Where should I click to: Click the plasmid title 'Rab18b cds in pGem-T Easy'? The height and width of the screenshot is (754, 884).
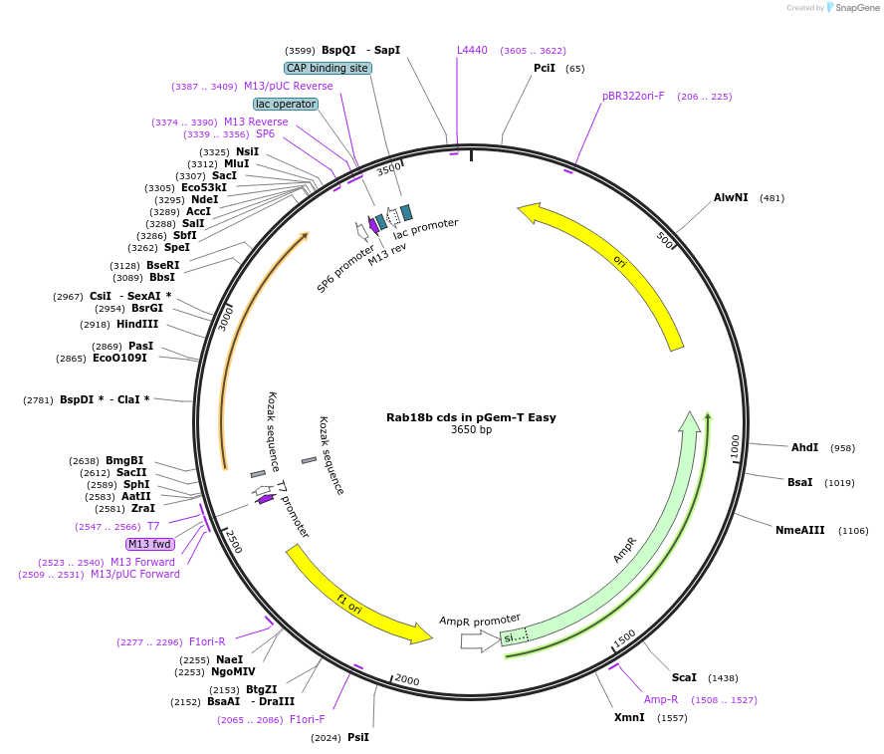[x=471, y=417]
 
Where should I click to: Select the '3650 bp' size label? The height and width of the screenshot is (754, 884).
[x=471, y=430]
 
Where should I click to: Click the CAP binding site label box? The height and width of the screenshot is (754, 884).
[x=328, y=68]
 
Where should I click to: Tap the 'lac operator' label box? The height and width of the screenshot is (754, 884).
[x=286, y=104]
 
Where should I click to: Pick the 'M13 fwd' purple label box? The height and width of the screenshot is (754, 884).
[x=150, y=544]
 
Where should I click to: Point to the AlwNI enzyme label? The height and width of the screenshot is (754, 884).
[x=731, y=197]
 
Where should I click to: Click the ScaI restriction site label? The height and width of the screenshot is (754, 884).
[x=684, y=677]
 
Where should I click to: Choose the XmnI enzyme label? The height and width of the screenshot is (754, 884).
[x=629, y=717]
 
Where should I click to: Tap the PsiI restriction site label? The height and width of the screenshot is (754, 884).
[x=358, y=737]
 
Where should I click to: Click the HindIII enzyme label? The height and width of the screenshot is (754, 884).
[x=136, y=324]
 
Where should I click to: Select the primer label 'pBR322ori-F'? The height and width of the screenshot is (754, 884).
[x=633, y=96]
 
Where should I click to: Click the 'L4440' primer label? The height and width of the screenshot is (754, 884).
[x=472, y=50]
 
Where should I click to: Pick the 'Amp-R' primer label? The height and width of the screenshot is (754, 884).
[x=661, y=699]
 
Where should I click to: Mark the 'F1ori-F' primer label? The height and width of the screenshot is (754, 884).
[x=308, y=718]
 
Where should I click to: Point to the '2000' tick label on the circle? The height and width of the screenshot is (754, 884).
[x=407, y=679]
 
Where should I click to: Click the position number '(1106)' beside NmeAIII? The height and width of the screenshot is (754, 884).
[x=853, y=531]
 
